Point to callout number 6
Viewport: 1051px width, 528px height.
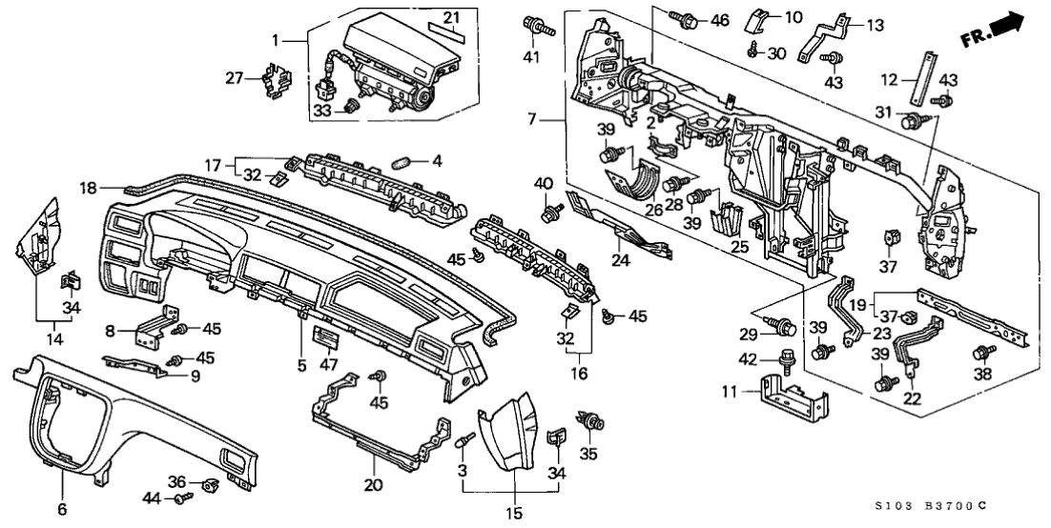(62, 510)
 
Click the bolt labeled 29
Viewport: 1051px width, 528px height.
(784, 328)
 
